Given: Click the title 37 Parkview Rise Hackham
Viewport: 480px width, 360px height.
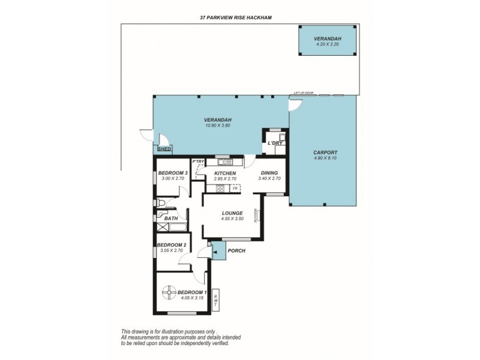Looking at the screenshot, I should pos(236,18).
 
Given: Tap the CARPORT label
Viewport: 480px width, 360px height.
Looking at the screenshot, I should pos(325,152).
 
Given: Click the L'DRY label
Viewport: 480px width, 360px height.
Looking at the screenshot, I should pos(275,143).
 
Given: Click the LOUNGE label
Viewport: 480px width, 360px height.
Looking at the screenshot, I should pos(232,213).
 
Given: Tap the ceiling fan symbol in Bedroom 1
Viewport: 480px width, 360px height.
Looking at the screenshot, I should pos(170,293).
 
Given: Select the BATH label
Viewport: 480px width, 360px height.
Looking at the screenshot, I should pos(171,218).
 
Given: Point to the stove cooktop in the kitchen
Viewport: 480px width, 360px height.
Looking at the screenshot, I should pos(220,188).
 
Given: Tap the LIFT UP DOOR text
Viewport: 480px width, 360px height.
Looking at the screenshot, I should pos(304,94).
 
